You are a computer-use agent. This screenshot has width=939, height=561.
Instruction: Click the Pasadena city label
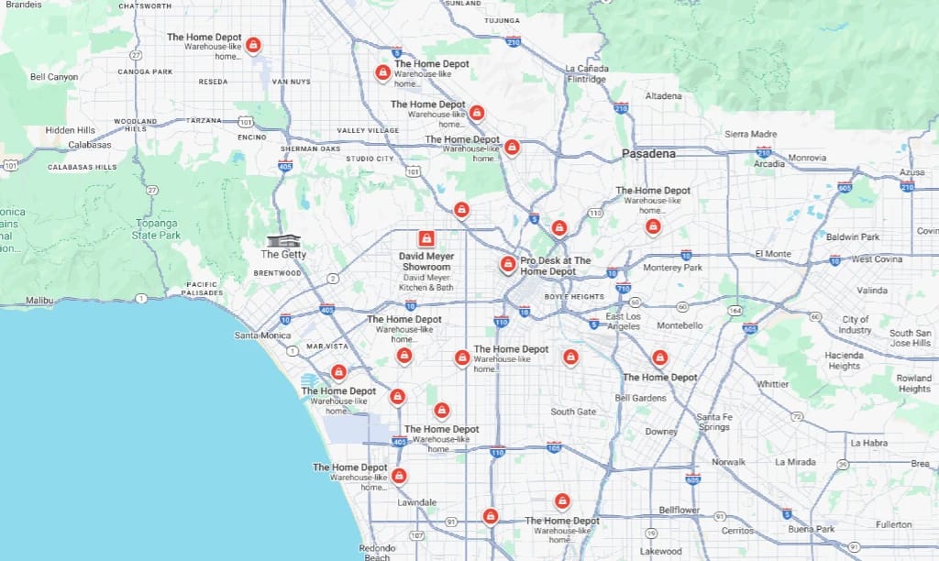[x=648, y=154]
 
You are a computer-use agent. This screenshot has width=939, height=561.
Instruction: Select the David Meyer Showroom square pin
[x=425, y=238]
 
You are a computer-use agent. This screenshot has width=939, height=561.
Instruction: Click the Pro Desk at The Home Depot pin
[x=507, y=264]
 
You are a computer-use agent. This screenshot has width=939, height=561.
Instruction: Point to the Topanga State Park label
[x=157, y=229]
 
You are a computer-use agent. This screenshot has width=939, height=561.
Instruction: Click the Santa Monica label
[x=262, y=335]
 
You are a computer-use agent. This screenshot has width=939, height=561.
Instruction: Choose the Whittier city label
[x=772, y=384]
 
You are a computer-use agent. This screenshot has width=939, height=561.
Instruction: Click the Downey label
[x=660, y=432]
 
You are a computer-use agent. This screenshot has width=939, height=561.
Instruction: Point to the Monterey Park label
[x=673, y=268]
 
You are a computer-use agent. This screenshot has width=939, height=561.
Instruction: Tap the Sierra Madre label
[x=751, y=134]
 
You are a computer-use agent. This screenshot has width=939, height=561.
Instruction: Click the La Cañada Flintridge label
[x=586, y=73]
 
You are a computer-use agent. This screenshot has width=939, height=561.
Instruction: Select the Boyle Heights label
[x=574, y=296]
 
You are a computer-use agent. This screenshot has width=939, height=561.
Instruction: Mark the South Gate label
[x=573, y=412]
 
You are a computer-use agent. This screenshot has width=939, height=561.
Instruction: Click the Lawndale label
[x=416, y=502]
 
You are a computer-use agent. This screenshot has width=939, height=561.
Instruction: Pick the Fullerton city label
[x=893, y=524]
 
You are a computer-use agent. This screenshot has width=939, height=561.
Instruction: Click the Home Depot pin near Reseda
[x=254, y=44]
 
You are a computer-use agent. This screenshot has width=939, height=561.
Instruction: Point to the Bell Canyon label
[x=54, y=77]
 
